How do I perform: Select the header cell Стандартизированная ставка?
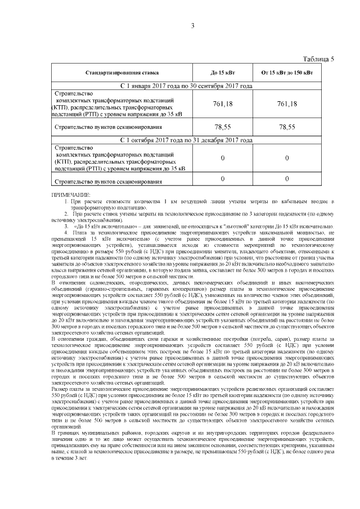[122, 73]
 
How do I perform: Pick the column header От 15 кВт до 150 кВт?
[287, 73]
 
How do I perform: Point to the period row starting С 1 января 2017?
[186, 86]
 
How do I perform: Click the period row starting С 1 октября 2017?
[186, 140]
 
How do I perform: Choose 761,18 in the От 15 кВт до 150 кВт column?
[287, 104]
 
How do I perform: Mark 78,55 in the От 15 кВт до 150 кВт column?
[287, 127]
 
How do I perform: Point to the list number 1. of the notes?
[66, 201]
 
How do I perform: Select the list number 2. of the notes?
[66, 214]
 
